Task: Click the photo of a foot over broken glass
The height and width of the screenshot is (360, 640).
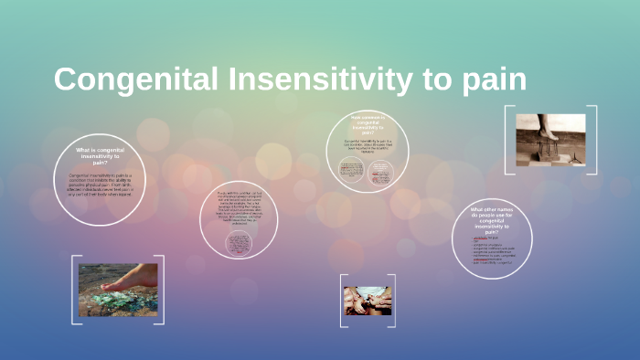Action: pyautogui.click(x=117, y=290)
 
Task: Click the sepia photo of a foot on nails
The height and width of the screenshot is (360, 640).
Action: pyautogui.click(x=550, y=140)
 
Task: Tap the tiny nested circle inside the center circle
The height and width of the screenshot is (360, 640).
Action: pyautogui.click(x=239, y=245)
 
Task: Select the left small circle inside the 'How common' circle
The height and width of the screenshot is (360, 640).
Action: pyautogui.click(x=352, y=170)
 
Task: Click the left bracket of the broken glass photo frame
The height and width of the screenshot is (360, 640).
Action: pyautogui.click(x=73, y=290)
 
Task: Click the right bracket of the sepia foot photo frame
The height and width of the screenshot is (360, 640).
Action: pyautogui.click(x=594, y=140)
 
